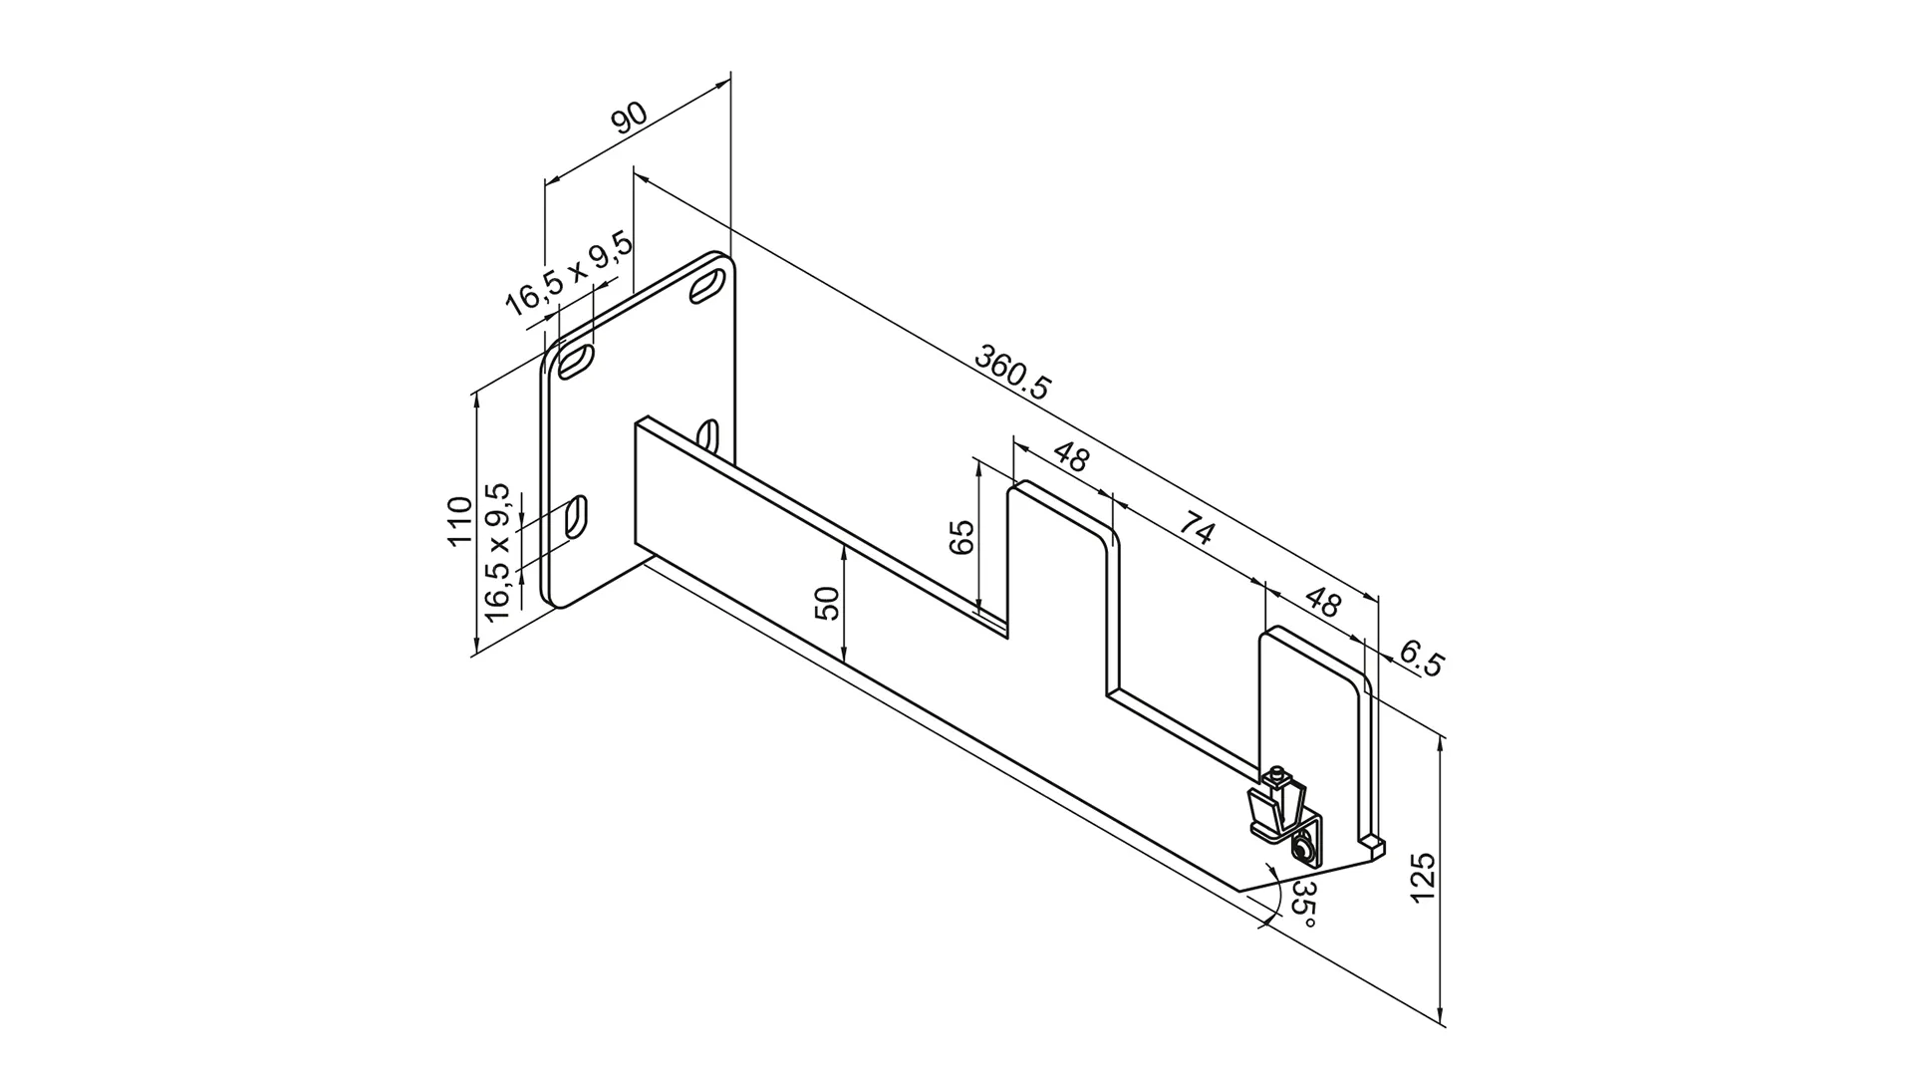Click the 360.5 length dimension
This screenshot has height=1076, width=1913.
tap(1012, 373)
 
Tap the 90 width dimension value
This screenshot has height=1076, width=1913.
tap(629, 118)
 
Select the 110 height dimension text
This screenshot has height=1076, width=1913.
tap(459, 520)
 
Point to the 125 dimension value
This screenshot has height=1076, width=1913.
tap(1422, 877)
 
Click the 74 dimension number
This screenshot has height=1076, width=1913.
tap(1195, 528)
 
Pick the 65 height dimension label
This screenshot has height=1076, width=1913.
tap(961, 538)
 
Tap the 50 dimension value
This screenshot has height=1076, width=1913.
tap(828, 604)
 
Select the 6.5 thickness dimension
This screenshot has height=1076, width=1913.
tap(1420, 660)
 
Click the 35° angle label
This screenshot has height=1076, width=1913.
tap(1304, 904)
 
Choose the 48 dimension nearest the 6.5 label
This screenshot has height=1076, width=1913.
tap(1322, 602)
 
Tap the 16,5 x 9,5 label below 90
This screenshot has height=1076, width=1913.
tap(568, 274)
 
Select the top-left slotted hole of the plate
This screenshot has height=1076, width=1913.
tap(577, 361)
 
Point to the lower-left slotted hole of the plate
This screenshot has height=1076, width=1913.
tap(576, 519)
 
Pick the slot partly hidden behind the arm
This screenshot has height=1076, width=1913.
tap(708, 435)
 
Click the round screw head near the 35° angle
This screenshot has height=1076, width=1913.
tap(1302, 850)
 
